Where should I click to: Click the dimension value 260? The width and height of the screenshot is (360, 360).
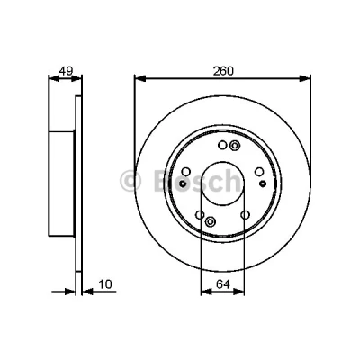[223, 71]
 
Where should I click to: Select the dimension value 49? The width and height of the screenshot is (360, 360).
[66, 71]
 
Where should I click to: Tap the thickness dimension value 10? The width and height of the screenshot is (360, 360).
[105, 284]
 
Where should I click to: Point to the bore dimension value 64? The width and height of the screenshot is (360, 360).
[223, 284]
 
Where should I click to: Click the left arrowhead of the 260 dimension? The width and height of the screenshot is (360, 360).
[140, 78]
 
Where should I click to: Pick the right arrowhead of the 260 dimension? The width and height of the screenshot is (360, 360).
[305, 78]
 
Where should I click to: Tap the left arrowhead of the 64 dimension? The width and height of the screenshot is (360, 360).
[206, 292]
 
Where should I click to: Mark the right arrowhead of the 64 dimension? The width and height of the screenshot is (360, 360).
[238, 292]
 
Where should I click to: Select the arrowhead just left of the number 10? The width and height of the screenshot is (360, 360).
[88, 292]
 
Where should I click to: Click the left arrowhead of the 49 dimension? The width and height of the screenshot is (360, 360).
[54, 78]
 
